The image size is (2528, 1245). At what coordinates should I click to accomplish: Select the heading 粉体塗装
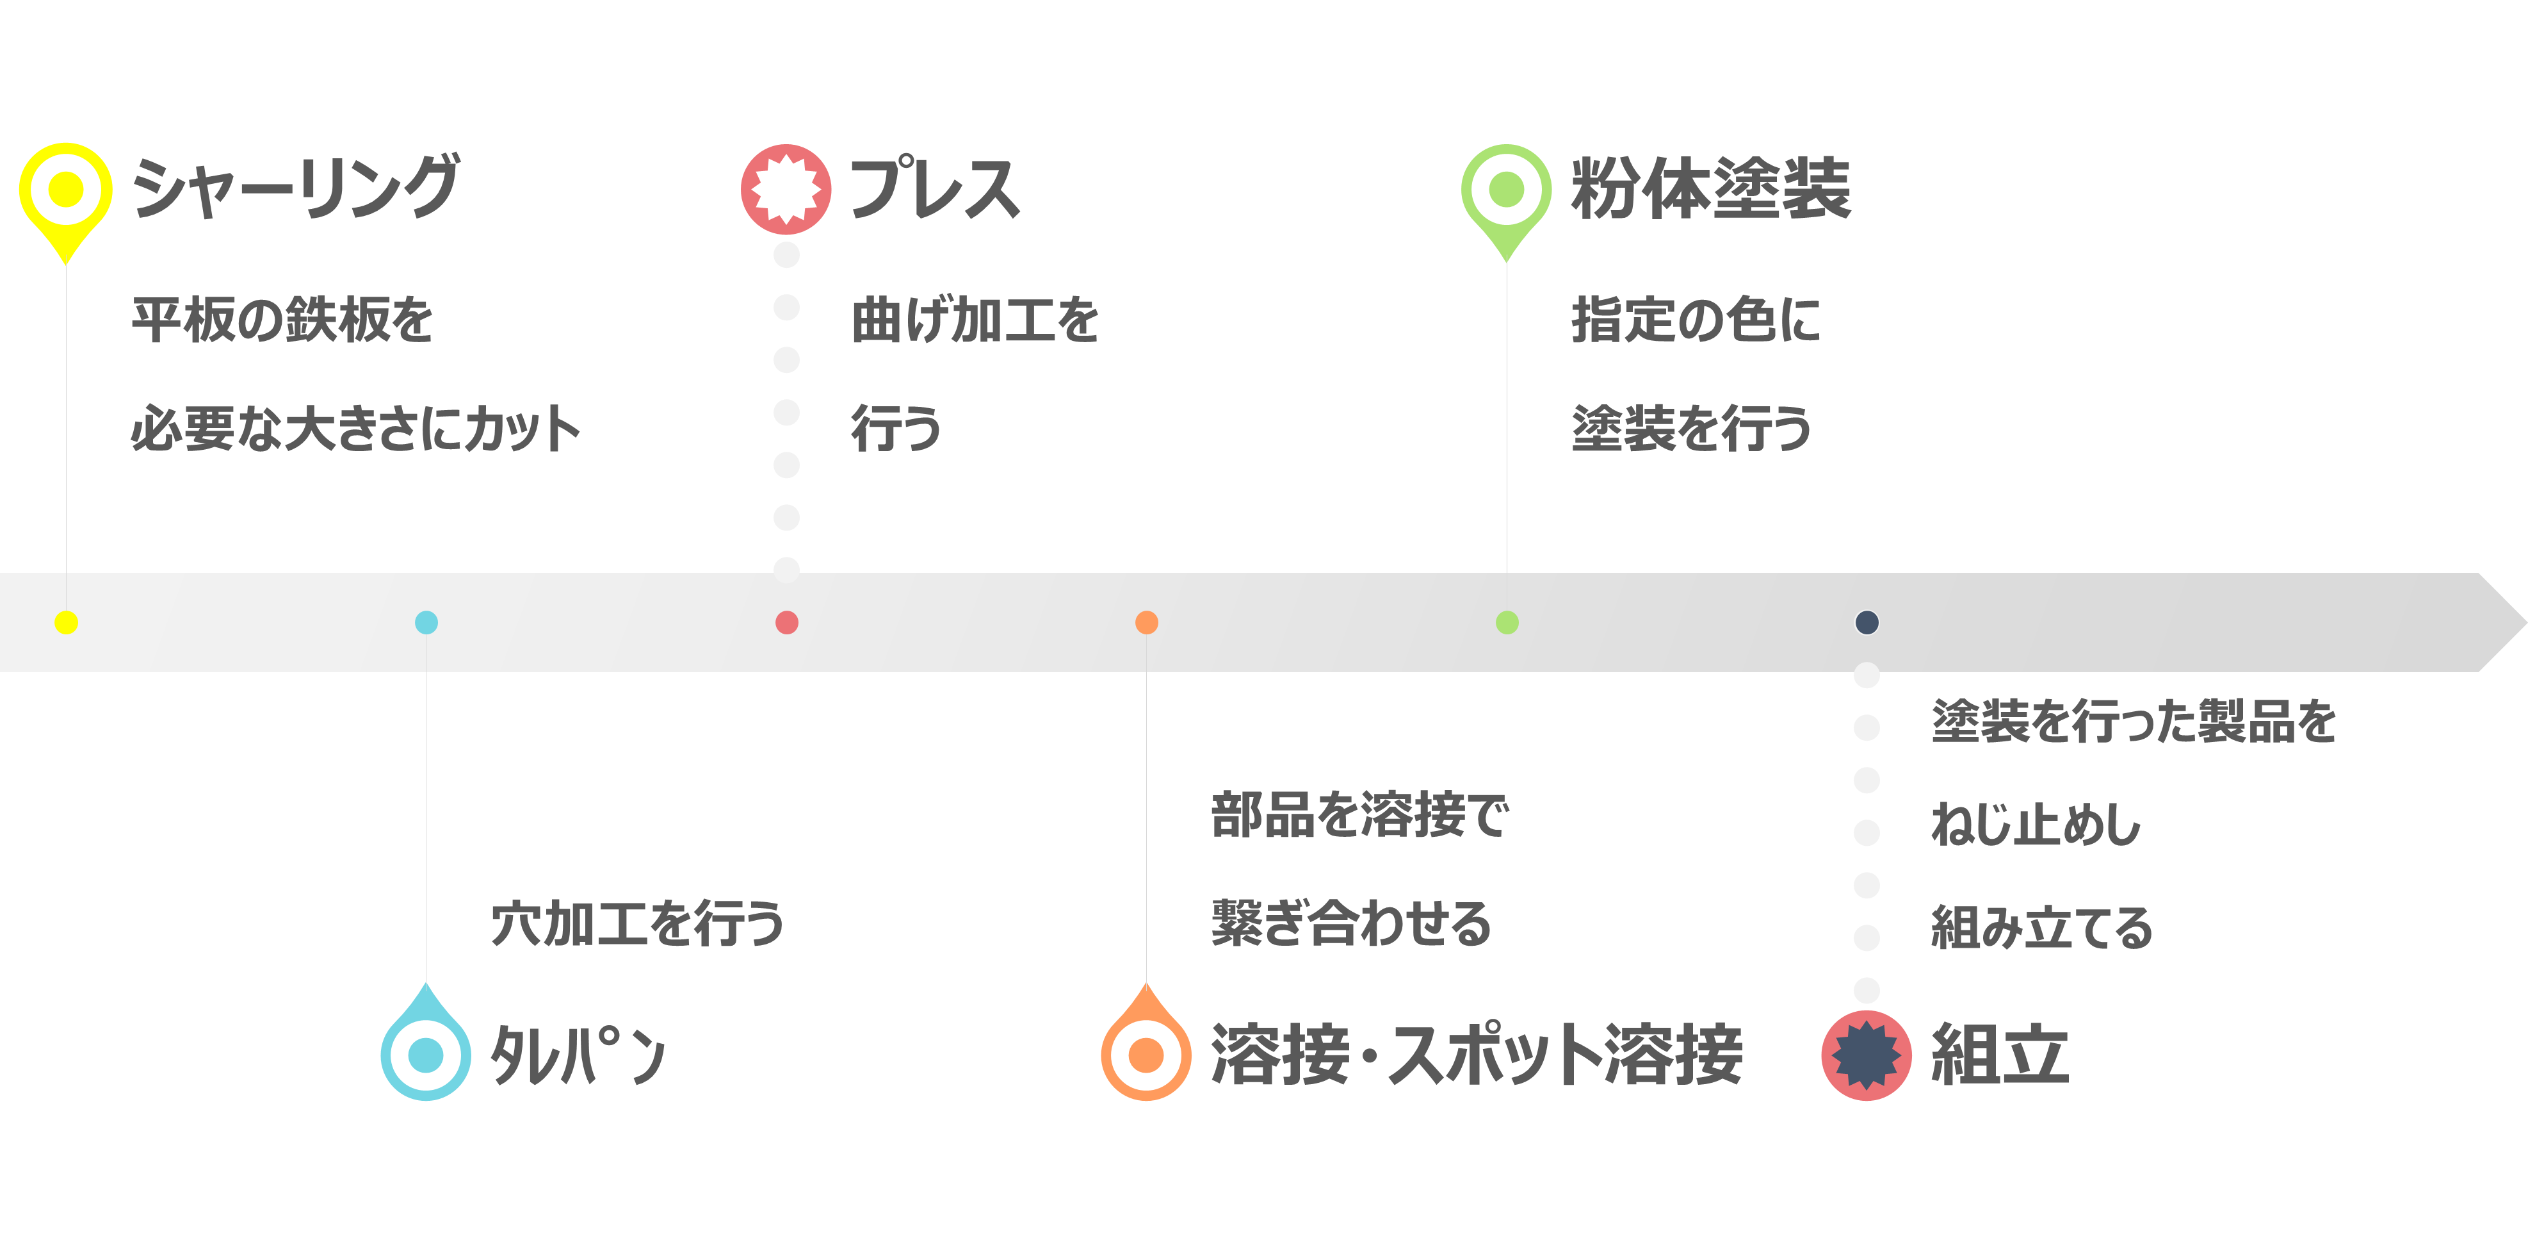1710,188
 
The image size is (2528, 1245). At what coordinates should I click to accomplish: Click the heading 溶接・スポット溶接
1477,1055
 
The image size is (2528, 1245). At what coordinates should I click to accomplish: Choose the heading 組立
2000,1055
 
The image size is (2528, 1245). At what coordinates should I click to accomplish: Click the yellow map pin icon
66,201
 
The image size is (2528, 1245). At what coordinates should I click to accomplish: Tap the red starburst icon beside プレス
786,188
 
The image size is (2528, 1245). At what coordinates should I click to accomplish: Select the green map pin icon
1507,201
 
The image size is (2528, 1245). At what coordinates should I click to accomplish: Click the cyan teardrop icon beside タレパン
426,1043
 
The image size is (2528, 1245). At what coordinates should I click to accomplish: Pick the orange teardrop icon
1146,1043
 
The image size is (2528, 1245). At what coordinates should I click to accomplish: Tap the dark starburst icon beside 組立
1867,1055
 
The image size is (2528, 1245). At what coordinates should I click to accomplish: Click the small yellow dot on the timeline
66,623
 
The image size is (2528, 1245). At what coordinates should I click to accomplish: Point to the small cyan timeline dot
426,623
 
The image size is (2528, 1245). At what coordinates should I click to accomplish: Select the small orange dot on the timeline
1146,623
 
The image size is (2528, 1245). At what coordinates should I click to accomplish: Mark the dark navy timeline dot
1867,623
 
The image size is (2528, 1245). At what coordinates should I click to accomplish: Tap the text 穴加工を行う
637,924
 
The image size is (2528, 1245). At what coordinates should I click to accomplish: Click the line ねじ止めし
2036,824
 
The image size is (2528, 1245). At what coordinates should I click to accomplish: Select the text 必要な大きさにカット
355,429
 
